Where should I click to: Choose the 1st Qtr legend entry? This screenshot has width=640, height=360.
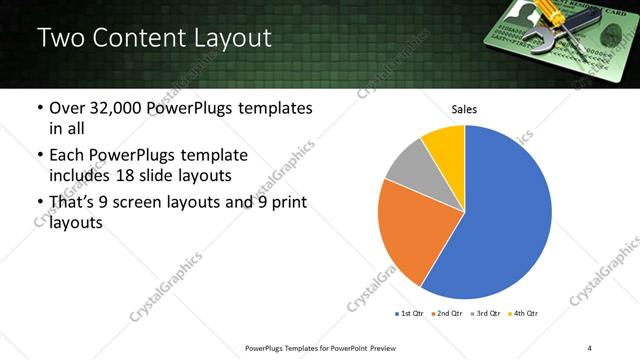pyautogui.click(x=410, y=314)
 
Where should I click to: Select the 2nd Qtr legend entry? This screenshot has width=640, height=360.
pyautogui.click(x=446, y=314)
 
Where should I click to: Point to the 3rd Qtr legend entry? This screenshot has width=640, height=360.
pyautogui.click(x=483, y=314)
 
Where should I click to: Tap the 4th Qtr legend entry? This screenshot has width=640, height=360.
pyautogui.click(x=523, y=314)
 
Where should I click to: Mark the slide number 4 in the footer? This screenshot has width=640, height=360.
pyautogui.click(x=590, y=347)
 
